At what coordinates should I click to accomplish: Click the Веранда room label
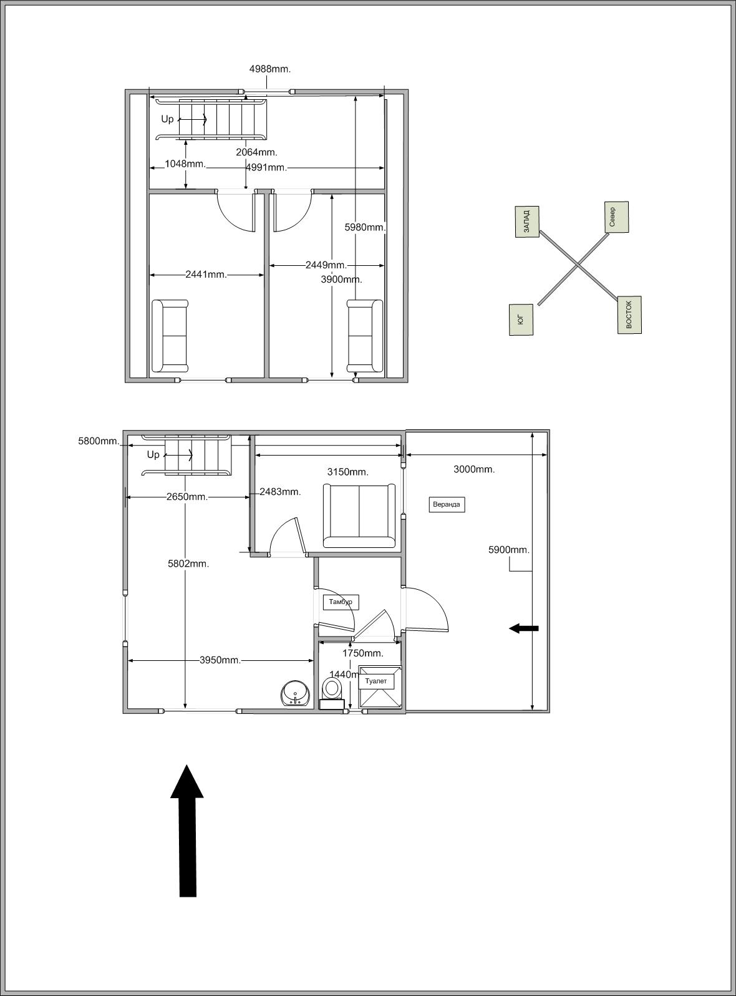coord(447,504)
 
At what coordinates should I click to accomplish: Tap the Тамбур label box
coord(341,602)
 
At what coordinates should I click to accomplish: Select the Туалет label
coord(376,681)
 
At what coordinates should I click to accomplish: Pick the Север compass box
coord(616,217)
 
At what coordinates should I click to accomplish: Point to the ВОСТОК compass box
coord(629,315)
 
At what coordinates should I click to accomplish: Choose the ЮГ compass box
coord(521,320)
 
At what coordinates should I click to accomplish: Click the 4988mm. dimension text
coord(270,69)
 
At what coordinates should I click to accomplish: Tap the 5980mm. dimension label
coord(366,227)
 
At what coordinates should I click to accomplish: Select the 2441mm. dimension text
coord(206,275)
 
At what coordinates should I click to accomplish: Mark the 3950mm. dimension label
coord(220,660)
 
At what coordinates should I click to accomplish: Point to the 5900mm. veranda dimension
coord(509,550)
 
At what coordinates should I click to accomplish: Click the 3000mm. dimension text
coord(475,469)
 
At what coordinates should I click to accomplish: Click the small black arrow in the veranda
coord(524,628)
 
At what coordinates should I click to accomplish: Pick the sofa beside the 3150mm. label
coord(359,515)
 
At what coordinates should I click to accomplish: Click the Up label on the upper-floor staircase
coord(167,119)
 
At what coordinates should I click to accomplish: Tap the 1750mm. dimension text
coord(363,653)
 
